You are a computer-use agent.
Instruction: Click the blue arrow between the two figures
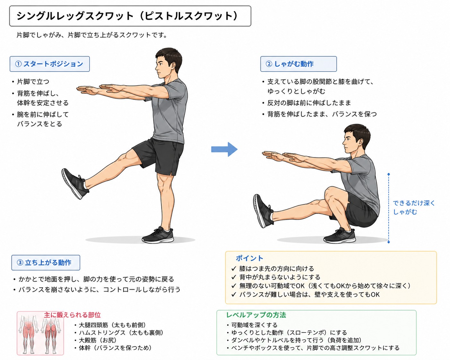(x=224, y=149)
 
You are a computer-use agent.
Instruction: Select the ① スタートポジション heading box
(x=50, y=64)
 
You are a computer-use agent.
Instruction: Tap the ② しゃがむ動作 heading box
(x=298, y=64)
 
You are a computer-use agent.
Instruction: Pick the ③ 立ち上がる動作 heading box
(x=46, y=262)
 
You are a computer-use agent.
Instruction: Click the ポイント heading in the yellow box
(x=249, y=258)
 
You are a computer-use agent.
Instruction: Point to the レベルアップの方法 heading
(x=256, y=315)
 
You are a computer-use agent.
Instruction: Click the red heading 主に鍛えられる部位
(x=72, y=315)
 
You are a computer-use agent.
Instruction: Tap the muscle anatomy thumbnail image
(x=40, y=333)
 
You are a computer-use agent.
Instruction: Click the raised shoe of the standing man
(x=74, y=184)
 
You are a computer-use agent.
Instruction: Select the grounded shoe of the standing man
(x=158, y=236)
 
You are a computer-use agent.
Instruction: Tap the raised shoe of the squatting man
(x=263, y=210)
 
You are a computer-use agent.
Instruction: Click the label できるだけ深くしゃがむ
(x=414, y=207)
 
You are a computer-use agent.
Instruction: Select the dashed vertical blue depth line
(x=388, y=209)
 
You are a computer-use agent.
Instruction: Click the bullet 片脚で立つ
(x=33, y=81)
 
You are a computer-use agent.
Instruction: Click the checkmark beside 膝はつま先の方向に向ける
(x=234, y=269)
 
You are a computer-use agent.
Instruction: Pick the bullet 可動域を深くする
(x=254, y=325)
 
